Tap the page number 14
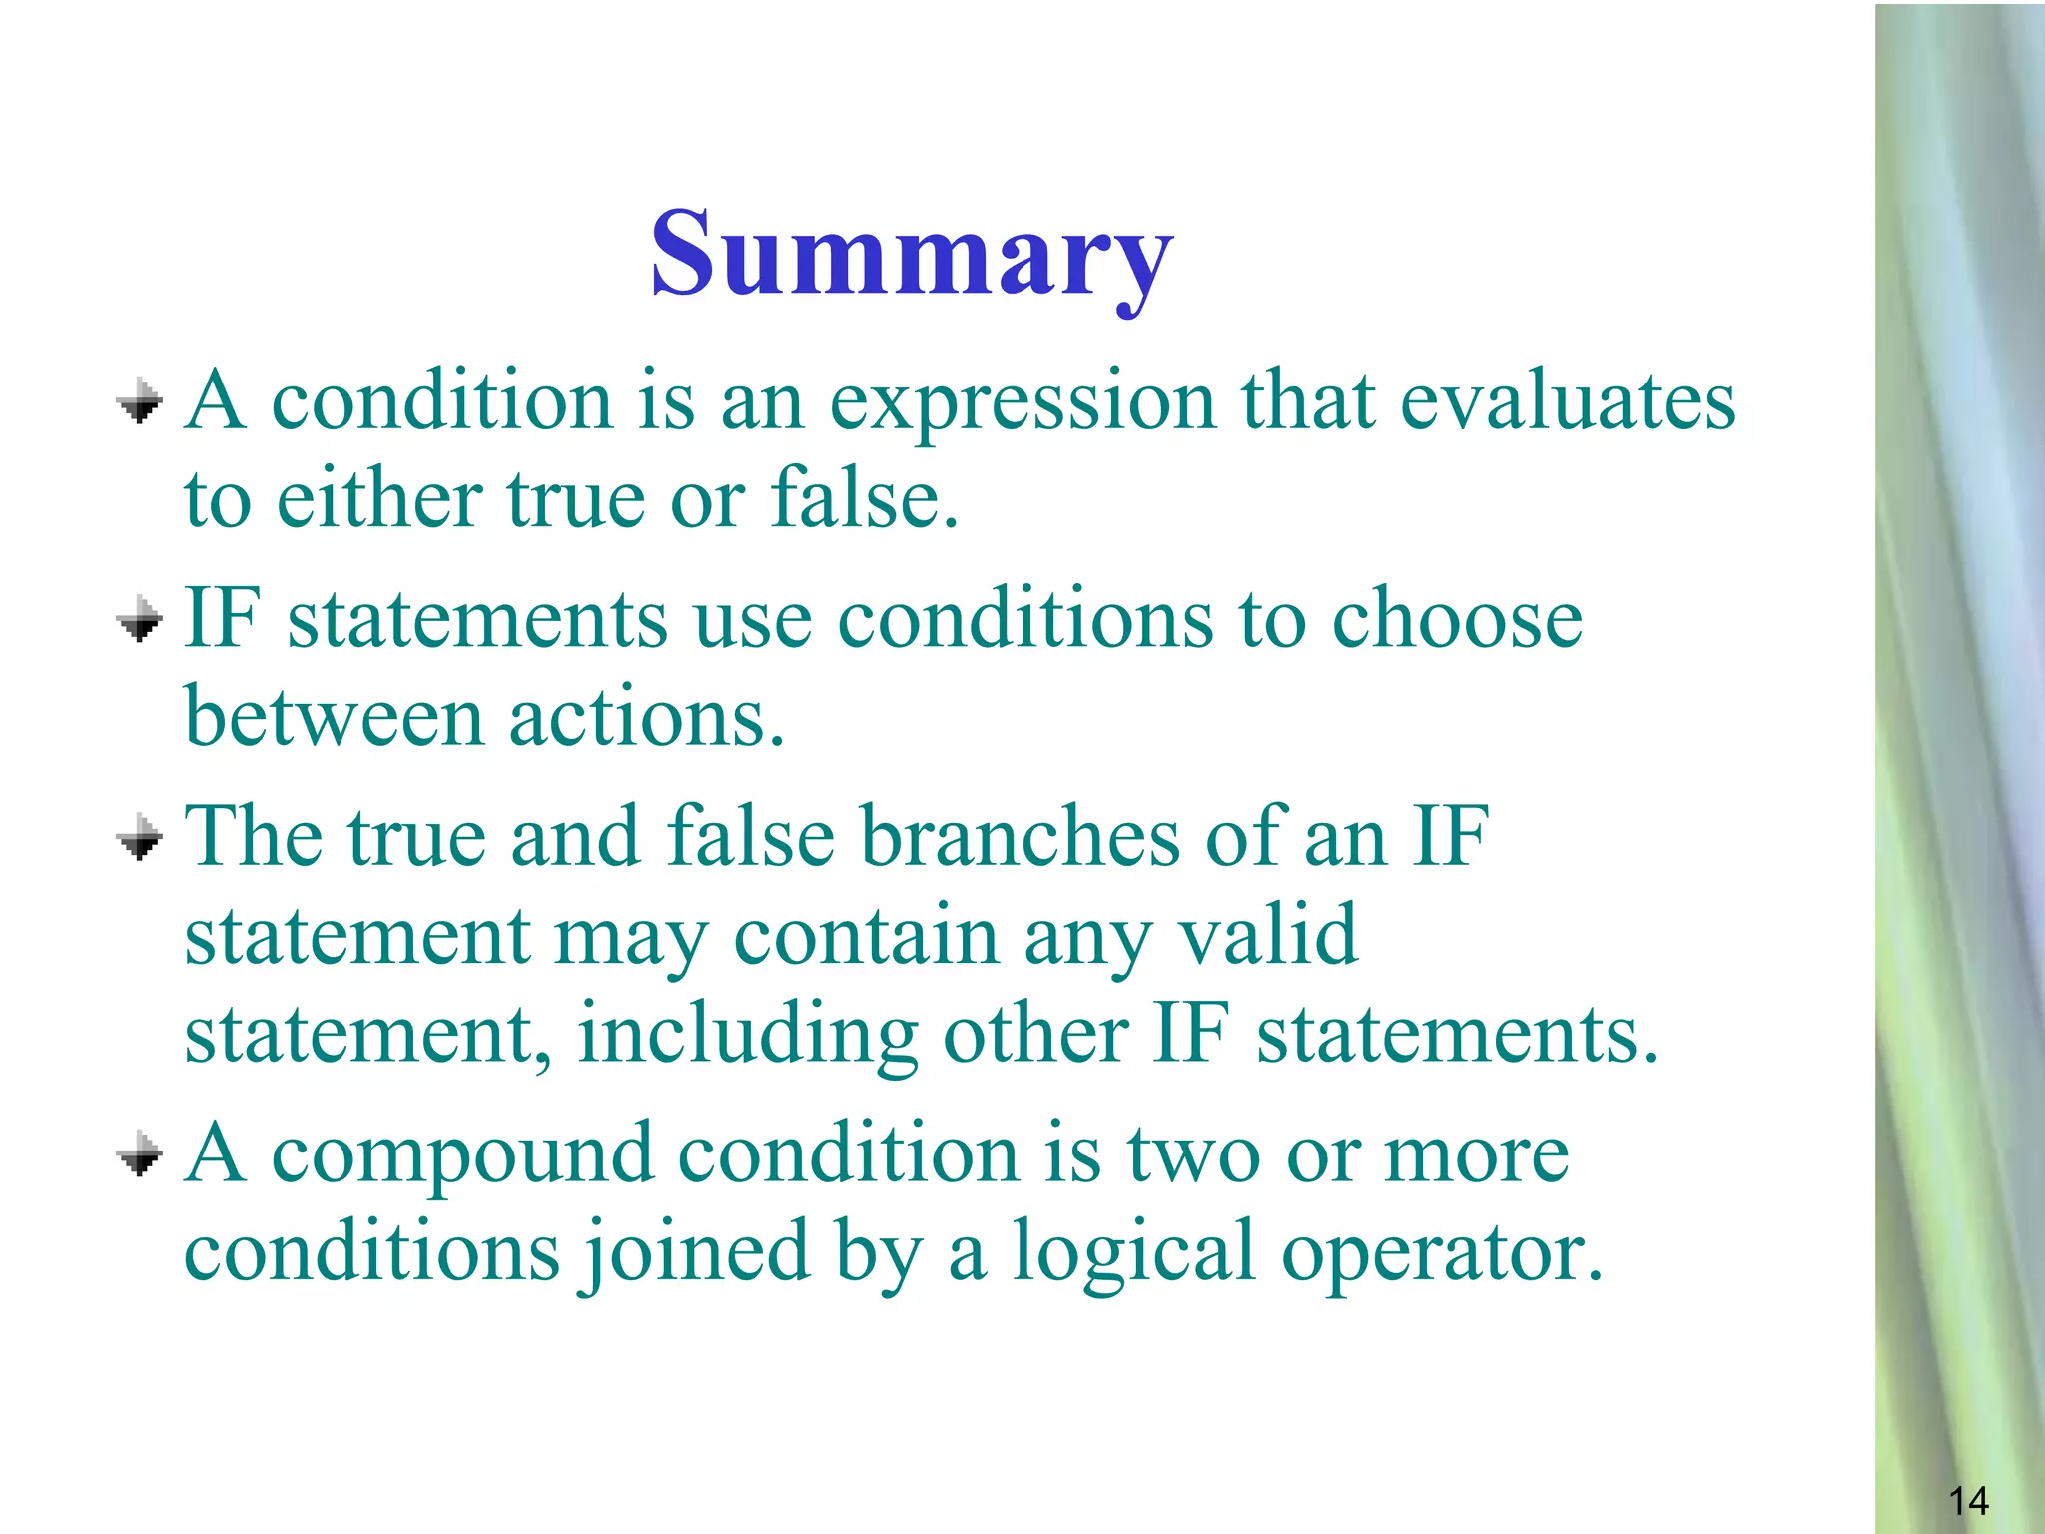pos(1967,1501)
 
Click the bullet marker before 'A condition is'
pos(140,402)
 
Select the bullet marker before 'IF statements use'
pos(140,621)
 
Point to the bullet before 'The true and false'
pos(140,838)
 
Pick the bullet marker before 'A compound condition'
pos(140,1155)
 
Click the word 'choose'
pos(1457,619)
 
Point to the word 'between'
pos(335,717)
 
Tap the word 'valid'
pos(1268,935)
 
